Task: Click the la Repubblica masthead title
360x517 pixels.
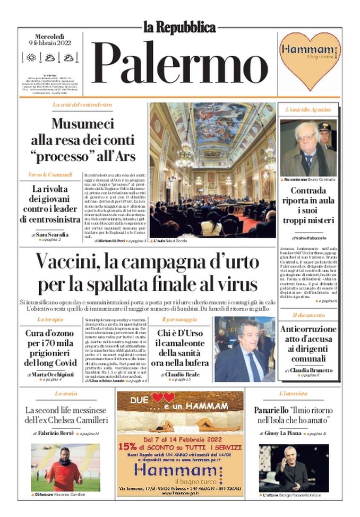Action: click(x=179, y=27)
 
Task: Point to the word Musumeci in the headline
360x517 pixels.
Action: click(x=83, y=124)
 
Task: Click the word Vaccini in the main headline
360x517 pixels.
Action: click(x=69, y=262)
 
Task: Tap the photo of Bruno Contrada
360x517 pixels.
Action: click(x=308, y=148)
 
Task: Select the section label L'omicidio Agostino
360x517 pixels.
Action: click(x=308, y=109)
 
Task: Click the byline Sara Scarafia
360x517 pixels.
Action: click(x=52, y=234)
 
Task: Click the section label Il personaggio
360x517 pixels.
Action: click(x=179, y=319)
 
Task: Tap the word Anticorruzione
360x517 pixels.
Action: click(x=308, y=329)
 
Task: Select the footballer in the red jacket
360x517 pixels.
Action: click(x=58, y=468)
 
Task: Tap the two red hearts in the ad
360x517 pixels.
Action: click(x=162, y=397)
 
